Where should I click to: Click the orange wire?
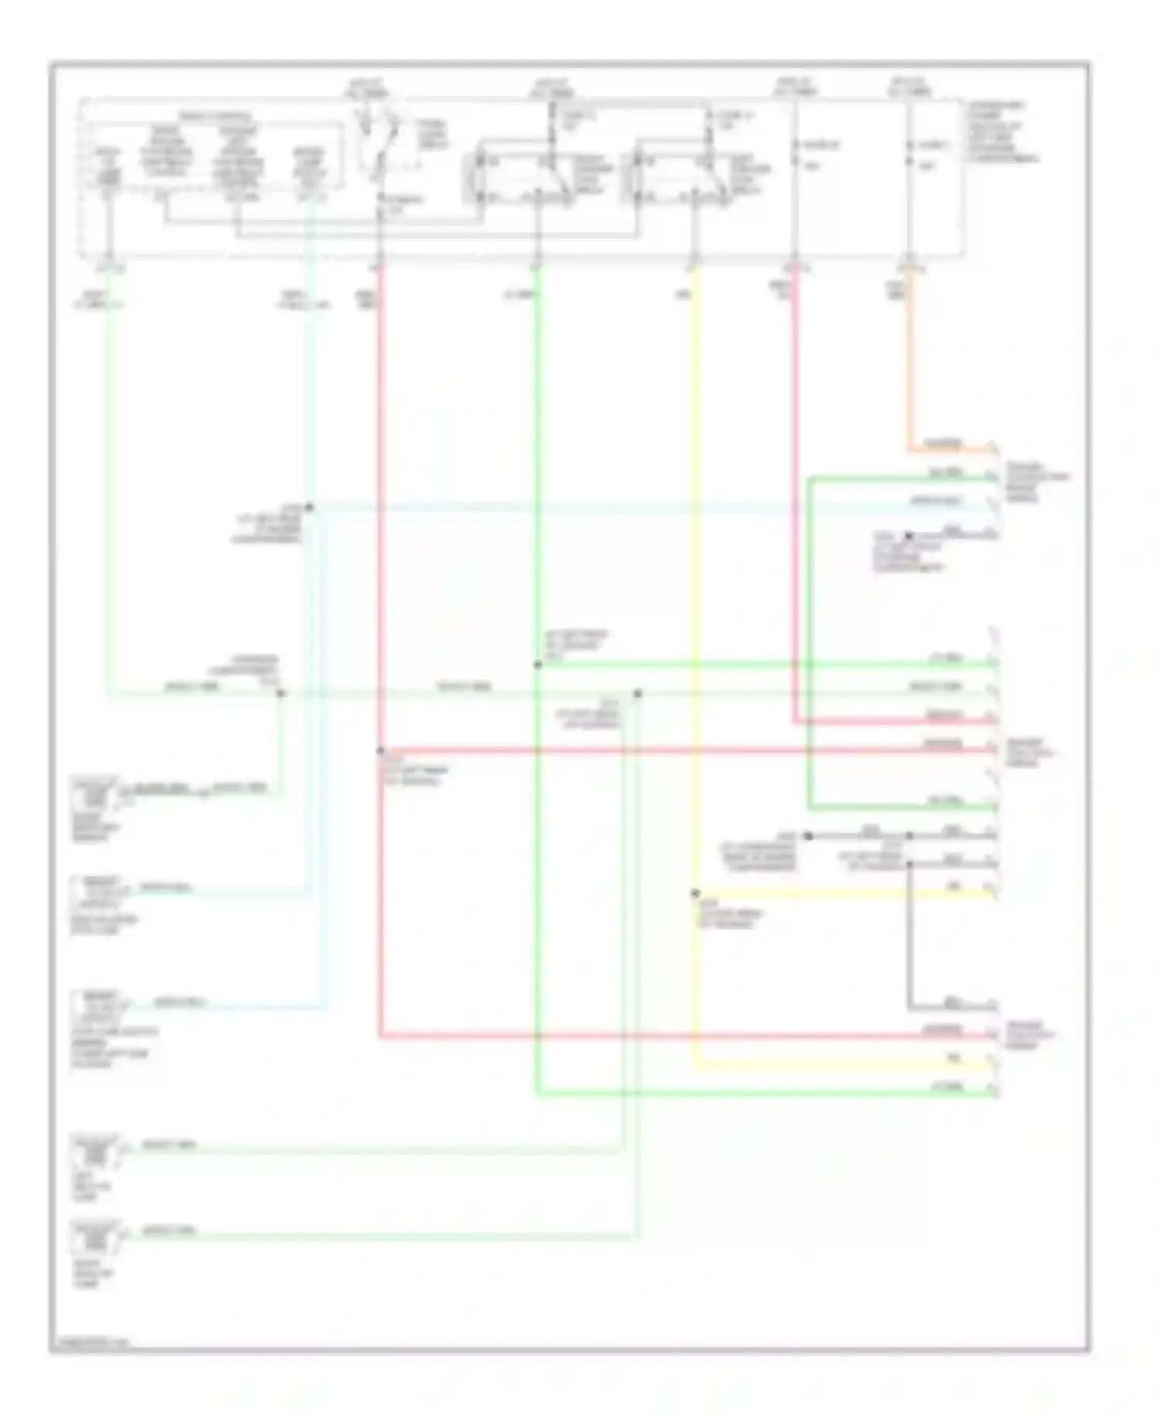(x=909, y=364)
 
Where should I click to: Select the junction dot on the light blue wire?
(x=308, y=508)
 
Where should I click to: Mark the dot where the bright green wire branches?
(x=537, y=664)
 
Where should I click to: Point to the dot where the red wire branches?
(x=380, y=751)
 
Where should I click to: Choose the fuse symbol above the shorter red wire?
(x=795, y=154)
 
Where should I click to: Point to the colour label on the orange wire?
(x=944, y=444)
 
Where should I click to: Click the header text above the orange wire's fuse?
(x=909, y=86)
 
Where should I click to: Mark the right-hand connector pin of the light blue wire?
(x=993, y=508)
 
